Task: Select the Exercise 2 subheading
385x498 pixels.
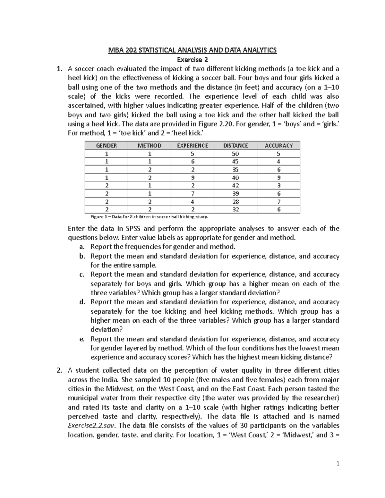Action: (x=193, y=60)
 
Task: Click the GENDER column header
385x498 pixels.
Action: (x=107, y=146)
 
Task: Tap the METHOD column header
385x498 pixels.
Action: (x=150, y=146)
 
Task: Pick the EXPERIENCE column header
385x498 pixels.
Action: (x=193, y=146)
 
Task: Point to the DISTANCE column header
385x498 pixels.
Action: (x=235, y=146)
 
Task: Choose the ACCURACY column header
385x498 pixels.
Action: (x=278, y=146)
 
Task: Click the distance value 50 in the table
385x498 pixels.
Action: (x=235, y=154)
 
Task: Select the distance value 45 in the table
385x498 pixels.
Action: (x=235, y=162)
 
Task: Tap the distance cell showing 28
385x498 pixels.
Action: (x=235, y=202)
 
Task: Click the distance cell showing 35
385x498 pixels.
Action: (x=235, y=170)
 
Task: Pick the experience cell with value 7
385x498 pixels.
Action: (x=193, y=194)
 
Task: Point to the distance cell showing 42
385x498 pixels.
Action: (x=235, y=186)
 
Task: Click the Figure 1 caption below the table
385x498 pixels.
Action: (x=150, y=217)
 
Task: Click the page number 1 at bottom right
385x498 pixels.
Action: (x=338, y=463)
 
